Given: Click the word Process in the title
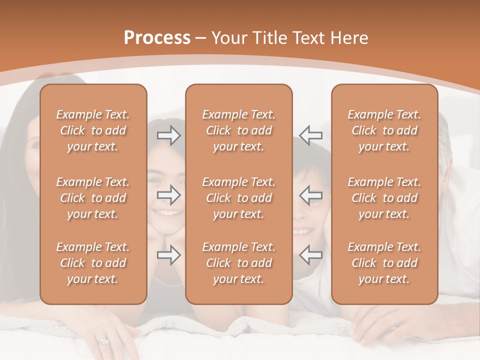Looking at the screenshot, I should (157, 38).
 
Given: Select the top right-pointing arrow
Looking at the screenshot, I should (168, 135).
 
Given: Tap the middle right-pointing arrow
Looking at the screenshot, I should (168, 195).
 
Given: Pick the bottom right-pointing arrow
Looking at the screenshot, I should (168, 255).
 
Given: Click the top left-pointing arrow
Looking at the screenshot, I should (311, 135).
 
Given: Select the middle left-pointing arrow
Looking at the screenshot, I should (311, 195).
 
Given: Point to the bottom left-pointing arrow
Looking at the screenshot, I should (311, 255).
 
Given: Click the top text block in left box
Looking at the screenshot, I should (93, 130).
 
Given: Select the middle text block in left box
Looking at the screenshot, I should (93, 198).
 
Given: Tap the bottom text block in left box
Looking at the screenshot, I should (93, 263).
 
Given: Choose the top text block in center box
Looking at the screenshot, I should (238, 130).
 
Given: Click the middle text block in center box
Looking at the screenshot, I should (238, 198).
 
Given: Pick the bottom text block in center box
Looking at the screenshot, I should (238, 263).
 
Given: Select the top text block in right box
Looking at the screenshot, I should (384, 130).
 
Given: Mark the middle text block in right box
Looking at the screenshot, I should (384, 198).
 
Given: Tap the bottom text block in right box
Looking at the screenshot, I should (384, 263).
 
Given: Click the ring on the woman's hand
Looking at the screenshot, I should (103, 342).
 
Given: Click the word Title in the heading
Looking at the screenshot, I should (269, 38).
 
